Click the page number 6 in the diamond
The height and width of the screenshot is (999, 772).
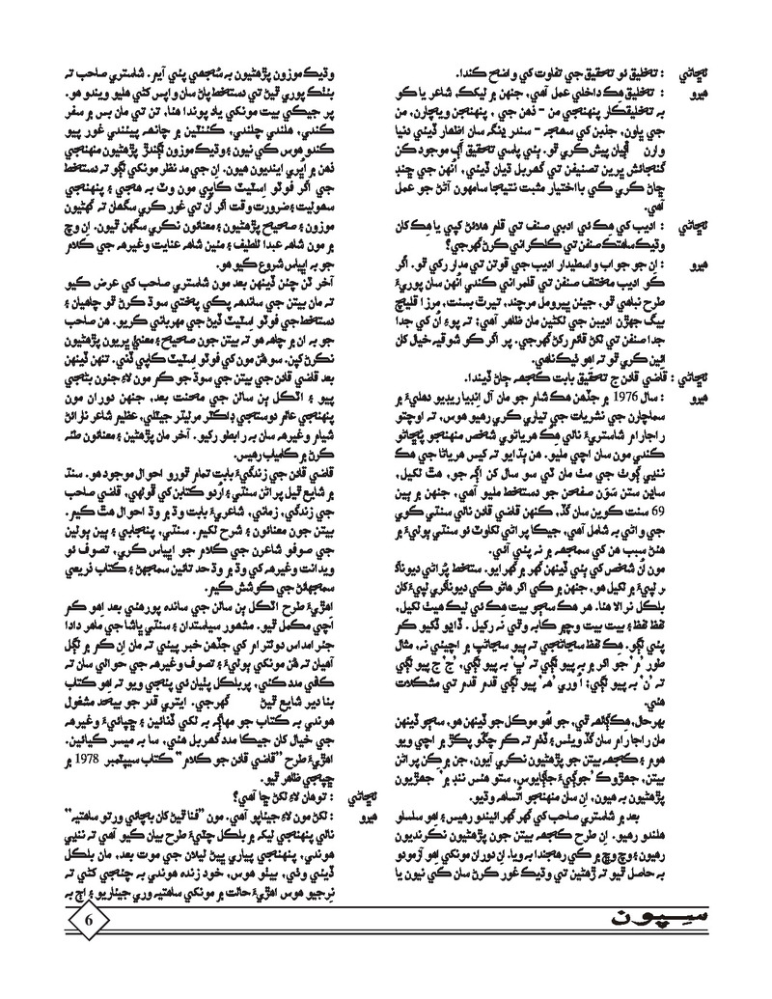[x=89, y=944]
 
